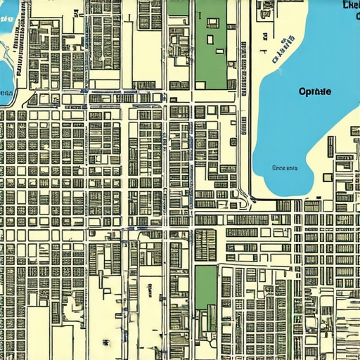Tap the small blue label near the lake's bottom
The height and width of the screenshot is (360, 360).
(x=285, y=168)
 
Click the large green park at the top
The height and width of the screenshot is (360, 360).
(x=210, y=53)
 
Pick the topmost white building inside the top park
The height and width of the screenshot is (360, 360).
(x=212, y=23)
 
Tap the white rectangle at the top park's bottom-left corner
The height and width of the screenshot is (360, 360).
(x=200, y=85)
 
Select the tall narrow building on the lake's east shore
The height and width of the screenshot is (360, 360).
(x=330, y=146)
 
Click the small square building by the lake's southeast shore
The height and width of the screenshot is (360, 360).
(x=328, y=177)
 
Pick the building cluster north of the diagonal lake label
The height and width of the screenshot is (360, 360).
(x=266, y=10)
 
